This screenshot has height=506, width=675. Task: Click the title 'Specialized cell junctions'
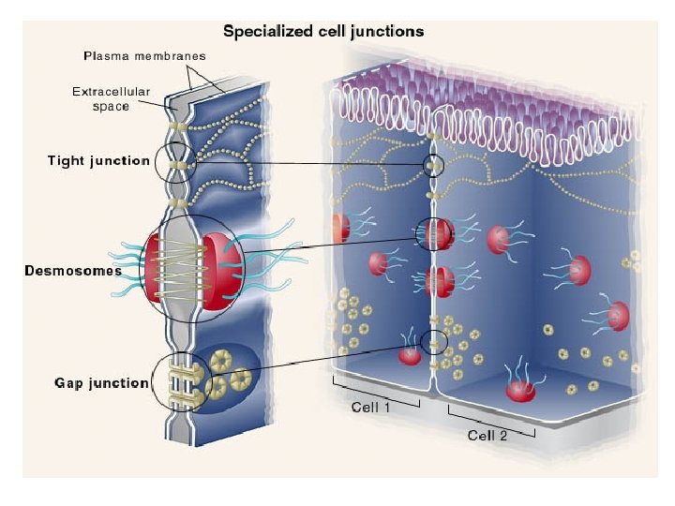(x=322, y=31)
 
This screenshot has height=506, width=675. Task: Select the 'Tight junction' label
(x=98, y=160)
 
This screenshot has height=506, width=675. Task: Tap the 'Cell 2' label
(x=487, y=435)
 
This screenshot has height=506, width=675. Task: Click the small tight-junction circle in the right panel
(x=432, y=167)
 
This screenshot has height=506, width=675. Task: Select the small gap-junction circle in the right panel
(x=432, y=342)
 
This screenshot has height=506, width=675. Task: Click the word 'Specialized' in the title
(x=262, y=31)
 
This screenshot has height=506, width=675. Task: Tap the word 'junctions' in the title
(x=389, y=31)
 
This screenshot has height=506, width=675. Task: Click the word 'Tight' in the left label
(x=66, y=160)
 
